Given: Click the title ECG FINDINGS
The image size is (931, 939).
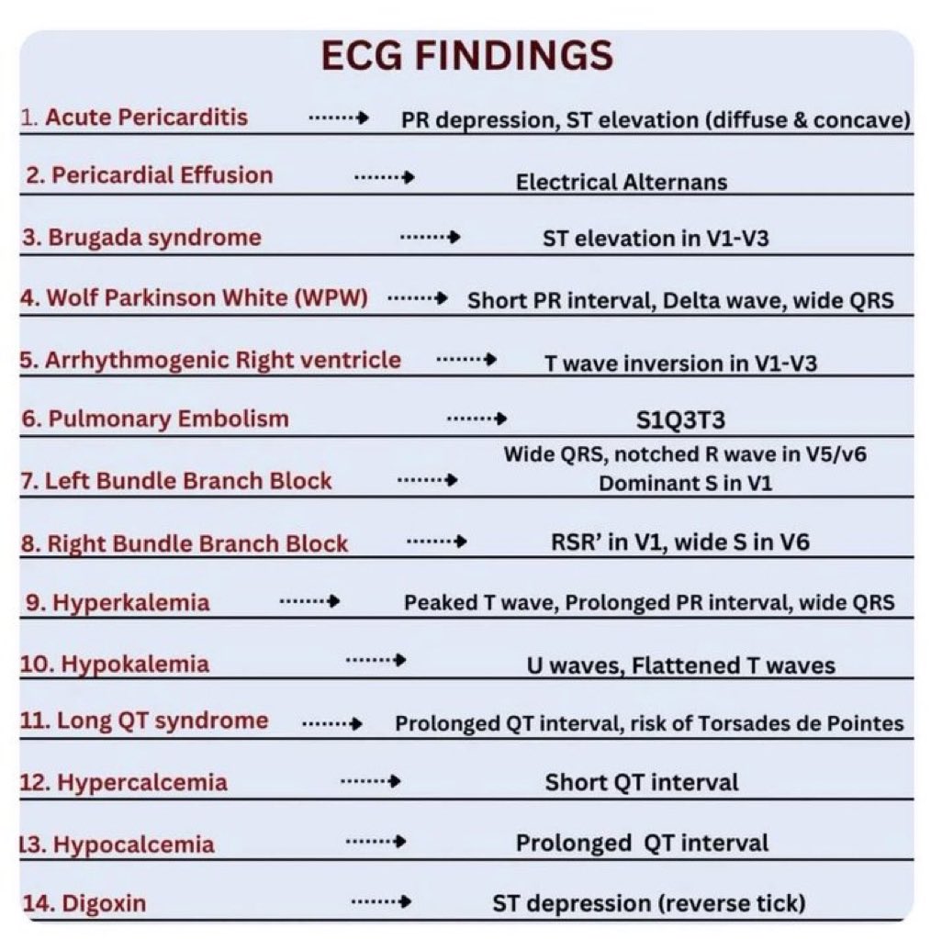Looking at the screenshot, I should click(466, 57).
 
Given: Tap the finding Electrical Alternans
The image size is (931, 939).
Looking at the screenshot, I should click(621, 182).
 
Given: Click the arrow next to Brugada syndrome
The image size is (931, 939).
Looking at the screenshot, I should click(430, 238).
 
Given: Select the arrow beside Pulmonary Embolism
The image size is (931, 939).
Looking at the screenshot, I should click(477, 419).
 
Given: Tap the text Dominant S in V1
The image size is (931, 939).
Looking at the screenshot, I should click(685, 483).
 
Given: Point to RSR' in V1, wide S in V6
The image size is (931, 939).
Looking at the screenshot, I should click(674, 542).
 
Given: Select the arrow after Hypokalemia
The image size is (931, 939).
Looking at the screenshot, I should click(375, 660).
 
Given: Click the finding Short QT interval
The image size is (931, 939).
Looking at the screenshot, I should click(641, 783).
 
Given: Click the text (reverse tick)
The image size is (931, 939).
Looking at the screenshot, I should click(732, 903).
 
